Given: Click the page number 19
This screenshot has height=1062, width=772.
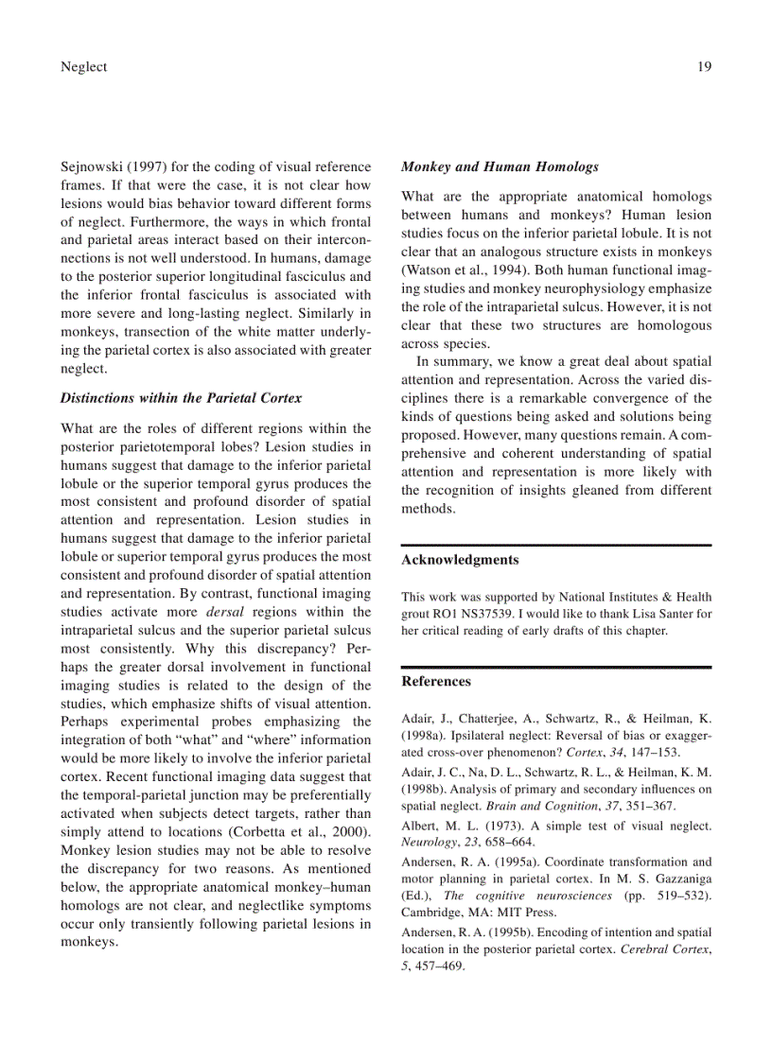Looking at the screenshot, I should point(704,66).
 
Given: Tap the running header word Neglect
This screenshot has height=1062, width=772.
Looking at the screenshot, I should point(83,66).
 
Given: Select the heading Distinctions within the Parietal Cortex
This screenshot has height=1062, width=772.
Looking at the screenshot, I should point(181,398).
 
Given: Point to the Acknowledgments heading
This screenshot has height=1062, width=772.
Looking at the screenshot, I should point(460,560).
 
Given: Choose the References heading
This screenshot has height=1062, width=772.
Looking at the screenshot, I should point(436,681).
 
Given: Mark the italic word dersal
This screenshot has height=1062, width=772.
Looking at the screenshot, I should point(225,612).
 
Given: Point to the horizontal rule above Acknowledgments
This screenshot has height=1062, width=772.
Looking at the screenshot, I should point(556,545).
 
